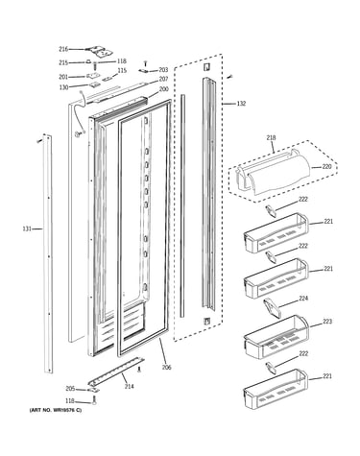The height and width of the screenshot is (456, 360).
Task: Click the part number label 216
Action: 63,49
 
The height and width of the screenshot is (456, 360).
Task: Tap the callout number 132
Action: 241,104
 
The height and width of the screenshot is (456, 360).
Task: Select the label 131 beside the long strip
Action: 27,228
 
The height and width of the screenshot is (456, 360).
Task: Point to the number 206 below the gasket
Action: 166,368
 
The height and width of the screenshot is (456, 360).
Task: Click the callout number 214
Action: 129,387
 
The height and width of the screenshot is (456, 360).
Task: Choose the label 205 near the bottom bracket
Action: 70,389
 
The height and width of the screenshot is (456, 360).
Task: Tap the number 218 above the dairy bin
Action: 271,137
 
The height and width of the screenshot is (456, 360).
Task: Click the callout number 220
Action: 327,166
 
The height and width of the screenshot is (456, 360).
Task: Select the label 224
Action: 303,299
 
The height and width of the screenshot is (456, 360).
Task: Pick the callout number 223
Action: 327,322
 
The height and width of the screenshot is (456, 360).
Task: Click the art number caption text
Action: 56,410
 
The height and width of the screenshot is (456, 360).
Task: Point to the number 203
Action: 163,70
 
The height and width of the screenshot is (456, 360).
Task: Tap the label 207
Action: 163,79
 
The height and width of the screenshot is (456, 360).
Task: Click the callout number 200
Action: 163,89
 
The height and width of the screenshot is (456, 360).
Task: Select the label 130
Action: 63,87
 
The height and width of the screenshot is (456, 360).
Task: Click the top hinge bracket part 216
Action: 99,51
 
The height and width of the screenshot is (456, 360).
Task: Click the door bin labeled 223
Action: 276,337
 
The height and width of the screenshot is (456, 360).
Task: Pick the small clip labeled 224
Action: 272,308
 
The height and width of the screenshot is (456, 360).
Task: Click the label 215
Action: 63,62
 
